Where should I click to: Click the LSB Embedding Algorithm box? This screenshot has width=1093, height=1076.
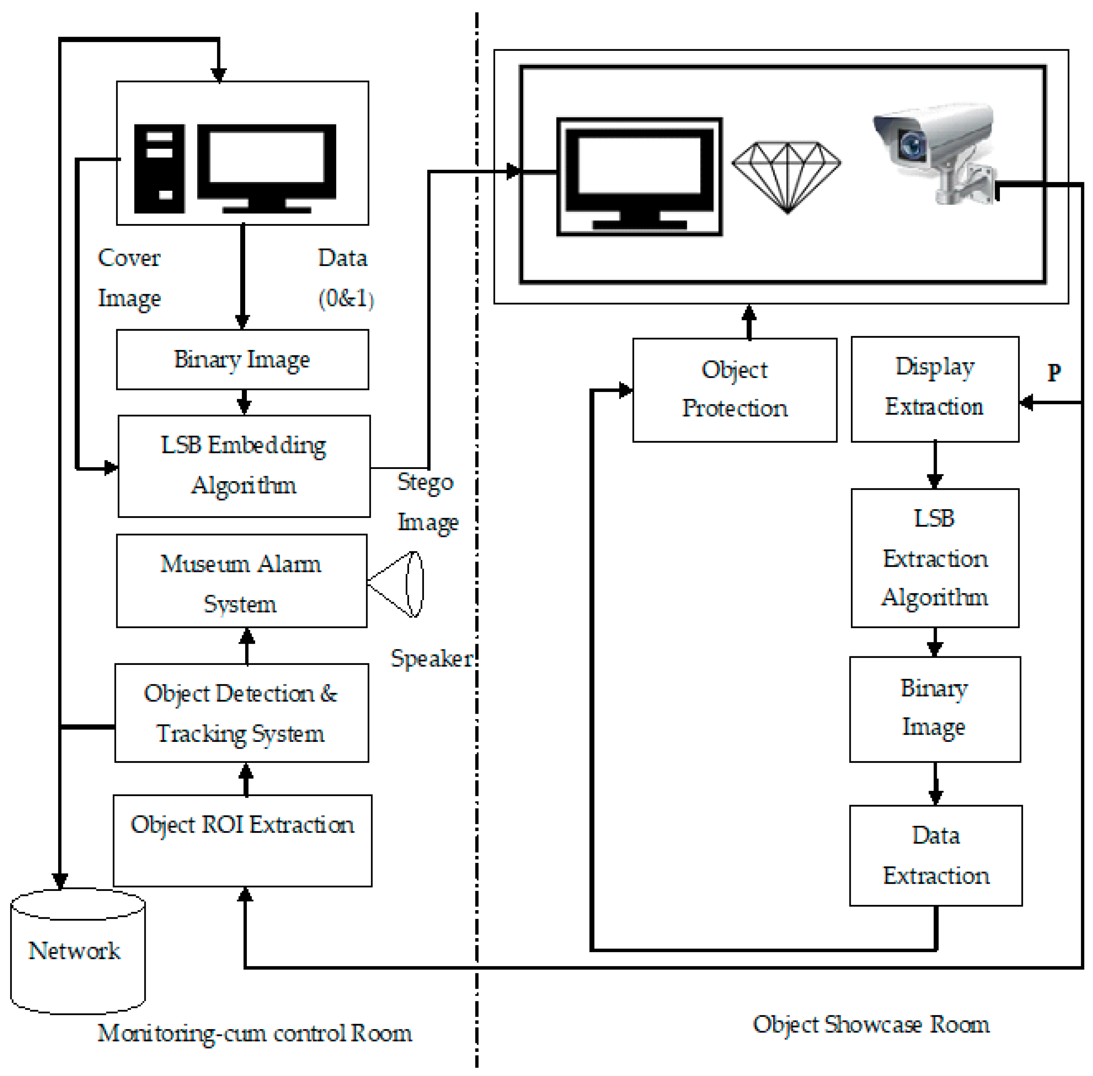point(244,466)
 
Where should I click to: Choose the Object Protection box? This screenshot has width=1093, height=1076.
point(735,390)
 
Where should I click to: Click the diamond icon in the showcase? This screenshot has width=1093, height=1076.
point(786,177)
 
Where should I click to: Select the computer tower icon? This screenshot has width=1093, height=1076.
point(159,169)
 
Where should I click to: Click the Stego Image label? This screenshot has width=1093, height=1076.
point(427,502)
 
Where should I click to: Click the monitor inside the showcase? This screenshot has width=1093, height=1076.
point(639,177)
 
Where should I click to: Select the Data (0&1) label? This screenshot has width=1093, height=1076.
point(345,278)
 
